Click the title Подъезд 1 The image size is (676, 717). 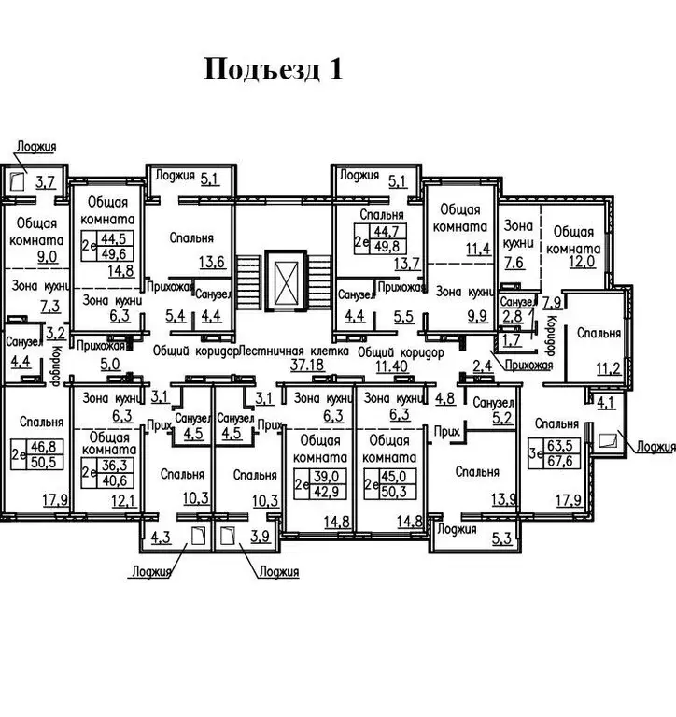click(x=274, y=70)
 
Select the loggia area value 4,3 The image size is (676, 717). click(x=160, y=538)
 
